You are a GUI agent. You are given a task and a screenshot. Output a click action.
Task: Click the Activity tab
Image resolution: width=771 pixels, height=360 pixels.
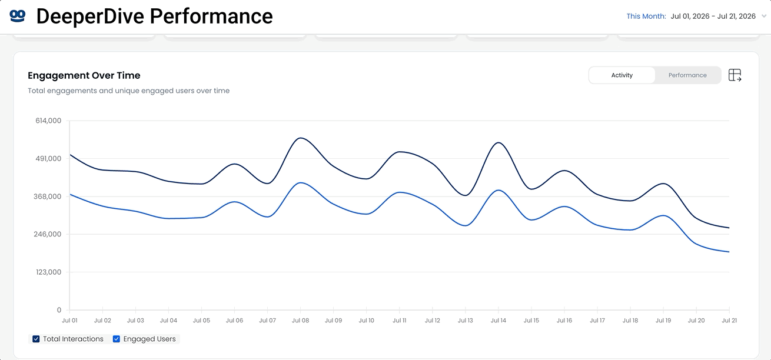point(622,75)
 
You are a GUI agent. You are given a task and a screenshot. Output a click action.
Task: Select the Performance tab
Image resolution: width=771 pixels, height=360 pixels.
point(687,75)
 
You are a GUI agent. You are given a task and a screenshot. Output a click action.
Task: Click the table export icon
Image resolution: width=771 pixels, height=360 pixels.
point(735,75)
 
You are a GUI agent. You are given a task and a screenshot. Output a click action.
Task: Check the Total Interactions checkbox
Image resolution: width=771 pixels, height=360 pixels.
point(36,339)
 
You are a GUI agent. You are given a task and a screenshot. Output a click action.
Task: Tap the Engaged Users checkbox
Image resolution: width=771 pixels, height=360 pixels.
point(117,339)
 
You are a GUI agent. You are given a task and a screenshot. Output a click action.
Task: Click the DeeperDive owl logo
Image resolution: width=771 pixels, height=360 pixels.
point(18,16)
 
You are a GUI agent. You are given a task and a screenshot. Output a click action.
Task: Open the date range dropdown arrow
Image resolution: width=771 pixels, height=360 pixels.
point(764,16)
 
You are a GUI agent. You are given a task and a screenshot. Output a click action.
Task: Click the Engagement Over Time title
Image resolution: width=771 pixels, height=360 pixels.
point(84,75)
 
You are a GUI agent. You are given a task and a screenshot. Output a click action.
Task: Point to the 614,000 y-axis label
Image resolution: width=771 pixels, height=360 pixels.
point(48,121)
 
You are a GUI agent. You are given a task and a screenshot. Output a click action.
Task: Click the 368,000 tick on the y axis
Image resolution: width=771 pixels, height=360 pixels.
point(48,196)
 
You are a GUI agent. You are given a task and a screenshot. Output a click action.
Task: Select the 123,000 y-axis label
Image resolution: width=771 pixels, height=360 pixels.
point(48,272)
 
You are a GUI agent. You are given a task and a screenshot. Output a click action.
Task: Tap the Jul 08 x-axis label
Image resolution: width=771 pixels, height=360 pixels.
point(301,321)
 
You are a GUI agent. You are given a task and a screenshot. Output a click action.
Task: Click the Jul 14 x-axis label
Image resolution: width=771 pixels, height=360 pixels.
point(499,321)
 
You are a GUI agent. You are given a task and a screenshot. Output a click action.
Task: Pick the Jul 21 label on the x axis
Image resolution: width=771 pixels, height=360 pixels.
point(729,321)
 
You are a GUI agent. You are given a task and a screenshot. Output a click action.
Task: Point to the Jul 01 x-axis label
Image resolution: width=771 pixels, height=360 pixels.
point(69,321)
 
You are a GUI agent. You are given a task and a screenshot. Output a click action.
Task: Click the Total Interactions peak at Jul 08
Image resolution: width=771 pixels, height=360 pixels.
point(301,138)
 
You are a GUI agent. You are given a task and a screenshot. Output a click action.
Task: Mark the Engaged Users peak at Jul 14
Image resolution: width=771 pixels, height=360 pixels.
point(499,190)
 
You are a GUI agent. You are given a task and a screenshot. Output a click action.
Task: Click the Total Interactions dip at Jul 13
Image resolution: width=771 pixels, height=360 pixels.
point(466,195)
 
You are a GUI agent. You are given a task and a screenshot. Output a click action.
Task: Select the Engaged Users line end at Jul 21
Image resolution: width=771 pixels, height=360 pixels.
point(729,252)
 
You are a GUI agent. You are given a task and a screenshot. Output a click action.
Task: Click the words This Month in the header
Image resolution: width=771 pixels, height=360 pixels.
point(646,16)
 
